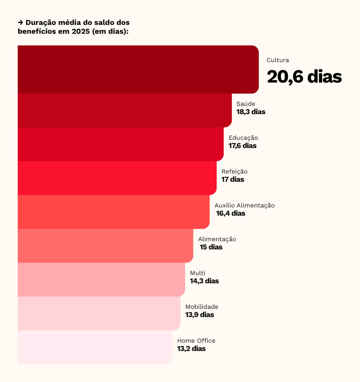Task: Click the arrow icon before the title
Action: pyautogui.click(x=21, y=23)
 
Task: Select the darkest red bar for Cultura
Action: pyautogui.click(x=138, y=69)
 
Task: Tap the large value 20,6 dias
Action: pyautogui.click(x=304, y=77)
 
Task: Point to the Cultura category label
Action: pyautogui.click(x=278, y=60)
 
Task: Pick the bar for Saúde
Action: pyautogui.click(x=124, y=110)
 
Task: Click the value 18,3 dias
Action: pyautogui.click(x=251, y=112)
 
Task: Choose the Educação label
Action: pyautogui.click(x=243, y=138)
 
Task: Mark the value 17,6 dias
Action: pyautogui.click(x=243, y=145)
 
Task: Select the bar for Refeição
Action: pyautogui.click(x=117, y=178)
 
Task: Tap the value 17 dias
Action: pyautogui.click(x=233, y=179)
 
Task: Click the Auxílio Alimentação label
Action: pyautogui.click(x=245, y=205)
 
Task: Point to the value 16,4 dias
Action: pyautogui.click(x=231, y=213)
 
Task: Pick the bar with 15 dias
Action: pyautogui.click(x=105, y=245)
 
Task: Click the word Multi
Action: pyautogui.click(x=198, y=273)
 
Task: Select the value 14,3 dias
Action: pyautogui.click(x=204, y=281)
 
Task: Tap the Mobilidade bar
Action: pyautogui.click(x=99, y=313)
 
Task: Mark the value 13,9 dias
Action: pyautogui.click(x=200, y=315)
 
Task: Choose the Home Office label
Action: pyautogui.click(x=196, y=341)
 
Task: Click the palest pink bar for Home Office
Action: pyautogui.click(x=95, y=347)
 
